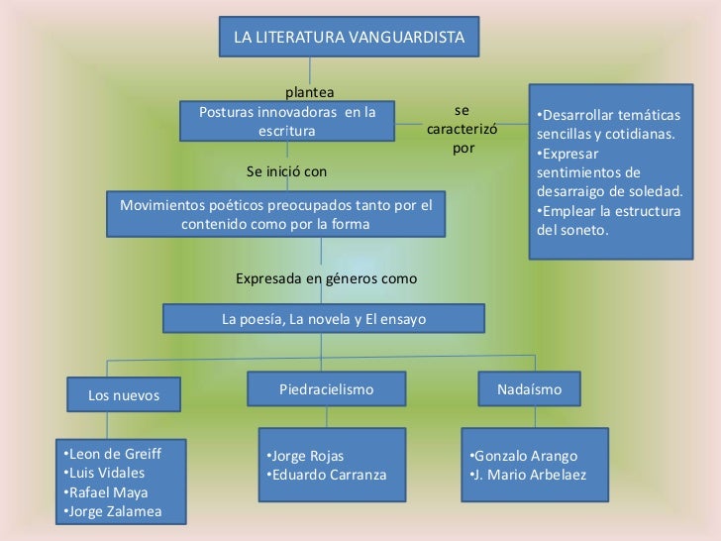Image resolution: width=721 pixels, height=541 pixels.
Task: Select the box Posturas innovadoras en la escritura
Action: click(x=287, y=122)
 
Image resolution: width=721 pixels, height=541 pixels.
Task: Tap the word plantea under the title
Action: click(x=310, y=93)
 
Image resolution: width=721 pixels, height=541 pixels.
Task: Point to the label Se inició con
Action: click(x=286, y=171)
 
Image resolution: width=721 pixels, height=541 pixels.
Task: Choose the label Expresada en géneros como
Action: click(x=326, y=278)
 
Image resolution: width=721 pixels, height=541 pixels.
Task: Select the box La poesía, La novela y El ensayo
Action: click(x=324, y=319)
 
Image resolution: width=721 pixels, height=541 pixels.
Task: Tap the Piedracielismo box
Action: click(x=326, y=390)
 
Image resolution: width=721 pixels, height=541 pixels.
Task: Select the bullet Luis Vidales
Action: click(x=103, y=474)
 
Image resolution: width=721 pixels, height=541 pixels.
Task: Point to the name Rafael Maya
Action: click(x=104, y=492)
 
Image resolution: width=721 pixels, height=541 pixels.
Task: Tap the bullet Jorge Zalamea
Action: click(x=110, y=511)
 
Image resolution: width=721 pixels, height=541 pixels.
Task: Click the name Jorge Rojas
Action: click(x=308, y=456)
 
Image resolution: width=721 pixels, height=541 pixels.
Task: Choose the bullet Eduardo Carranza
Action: click(x=328, y=475)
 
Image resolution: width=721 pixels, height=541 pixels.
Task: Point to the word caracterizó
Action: click(x=462, y=130)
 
